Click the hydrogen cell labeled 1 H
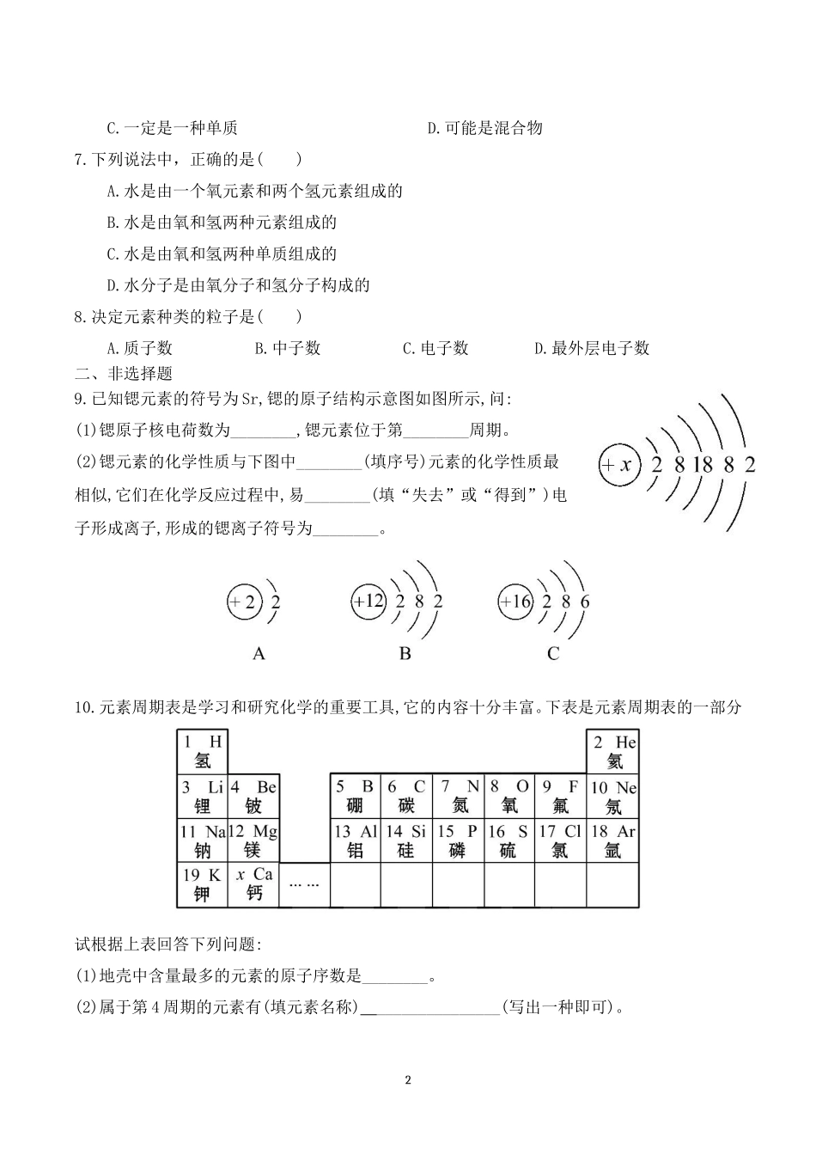click(x=203, y=751)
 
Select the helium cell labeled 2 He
click(x=613, y=751)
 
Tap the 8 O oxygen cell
click(x=509, y=796)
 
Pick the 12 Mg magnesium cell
click(x=253, y=840)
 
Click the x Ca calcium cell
click(x=253, y=883)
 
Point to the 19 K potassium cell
click(x=203, y=883)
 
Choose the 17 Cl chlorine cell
click(x=560, y=840)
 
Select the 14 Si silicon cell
click(x=406, y=840)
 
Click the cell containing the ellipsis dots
click(x=304, y=883)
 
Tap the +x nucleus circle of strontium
click(x=620, y=465)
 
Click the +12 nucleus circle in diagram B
click(x=369, y=602)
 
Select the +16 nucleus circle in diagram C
click(x=516, y=602)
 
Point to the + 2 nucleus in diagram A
click(x=243, y=602)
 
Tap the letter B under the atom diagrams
click(x=405, y=654)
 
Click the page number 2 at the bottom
click(x=408, y=1080)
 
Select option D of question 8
click(x=591, y=348)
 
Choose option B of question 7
click(x=222, y=223)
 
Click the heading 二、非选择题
click(x=124, y=373)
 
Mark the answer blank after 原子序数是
click(x=394, y=976)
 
